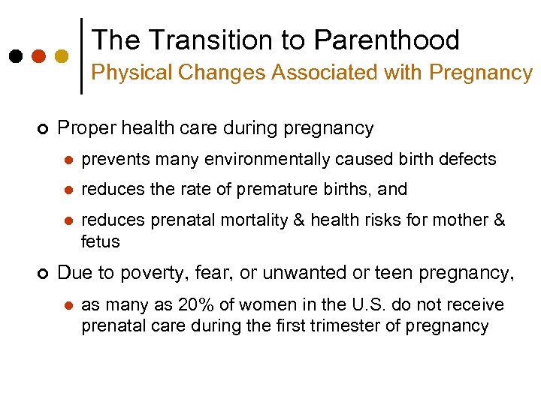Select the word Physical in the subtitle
(123, 73)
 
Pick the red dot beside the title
(38, 56)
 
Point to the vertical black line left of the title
(81, 56)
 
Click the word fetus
(100, 241)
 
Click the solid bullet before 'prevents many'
(67, 160)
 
